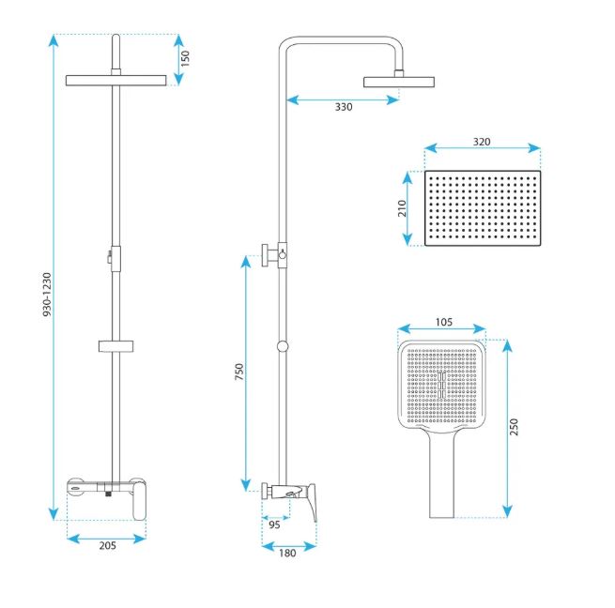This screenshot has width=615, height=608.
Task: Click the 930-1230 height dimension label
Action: pyautogui.click(x=47, y=295)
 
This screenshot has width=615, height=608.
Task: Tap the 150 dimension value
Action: pyautogui.click(x=185, y=58)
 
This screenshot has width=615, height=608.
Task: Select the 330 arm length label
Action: pyautogui.click(x=344, y=107)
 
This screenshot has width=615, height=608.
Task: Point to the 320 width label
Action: pyautogui.click(x=482, y=142)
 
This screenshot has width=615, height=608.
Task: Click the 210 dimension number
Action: pyautogui.click(x=402, y=208)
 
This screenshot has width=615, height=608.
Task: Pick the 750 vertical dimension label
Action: pyautogui.click(x=238, y=372)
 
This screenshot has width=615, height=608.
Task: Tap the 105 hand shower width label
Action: pyautogui.click(x=443, y=322)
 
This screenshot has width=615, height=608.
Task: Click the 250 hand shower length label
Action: pyautogui.click(x=514, y=427)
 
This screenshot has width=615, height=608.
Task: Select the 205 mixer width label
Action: pyautogui.click(x=107, y=545)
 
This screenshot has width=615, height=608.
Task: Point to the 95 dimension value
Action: pyautogui.click(x=274, y=524)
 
